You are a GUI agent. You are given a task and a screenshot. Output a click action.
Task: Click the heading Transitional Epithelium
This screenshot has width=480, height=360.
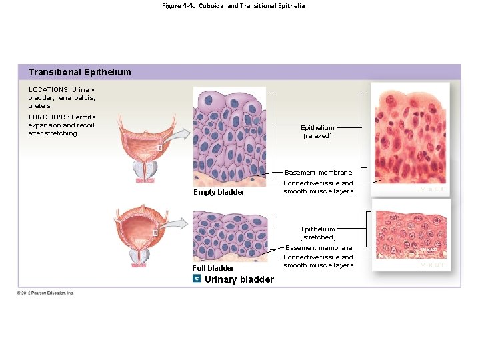tap(80, 72)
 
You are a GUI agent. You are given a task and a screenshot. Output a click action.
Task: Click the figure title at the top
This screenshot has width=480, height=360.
tap(233, 6)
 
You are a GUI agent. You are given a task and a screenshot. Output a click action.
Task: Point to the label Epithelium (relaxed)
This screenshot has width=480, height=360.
tap(317, 131)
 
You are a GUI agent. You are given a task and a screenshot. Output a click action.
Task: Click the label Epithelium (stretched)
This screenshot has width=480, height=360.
tap(318, 233)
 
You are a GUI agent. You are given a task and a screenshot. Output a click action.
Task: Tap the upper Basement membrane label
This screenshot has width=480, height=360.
tap(319, 173)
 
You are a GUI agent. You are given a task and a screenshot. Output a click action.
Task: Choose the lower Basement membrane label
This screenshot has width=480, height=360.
tap(319, 248)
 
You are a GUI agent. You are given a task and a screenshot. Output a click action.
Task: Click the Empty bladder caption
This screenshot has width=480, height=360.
tap(219, 193)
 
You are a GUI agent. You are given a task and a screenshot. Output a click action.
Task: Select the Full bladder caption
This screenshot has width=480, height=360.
tap(213, 268)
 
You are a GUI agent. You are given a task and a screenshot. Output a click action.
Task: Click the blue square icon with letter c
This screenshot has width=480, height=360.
tap(197, 277)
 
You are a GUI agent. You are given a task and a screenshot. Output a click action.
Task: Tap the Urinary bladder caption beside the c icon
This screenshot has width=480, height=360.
tap(239, 279)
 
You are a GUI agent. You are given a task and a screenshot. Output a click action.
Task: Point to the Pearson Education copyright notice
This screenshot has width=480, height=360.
tap(46, 293)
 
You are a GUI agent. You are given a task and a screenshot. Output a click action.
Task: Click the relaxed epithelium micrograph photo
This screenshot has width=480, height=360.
tap(410, 133)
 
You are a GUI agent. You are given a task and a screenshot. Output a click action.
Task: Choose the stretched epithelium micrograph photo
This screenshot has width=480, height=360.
tap(411, 233)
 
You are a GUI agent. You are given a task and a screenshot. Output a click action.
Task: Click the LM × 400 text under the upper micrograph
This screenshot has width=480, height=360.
tap(431, 190)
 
